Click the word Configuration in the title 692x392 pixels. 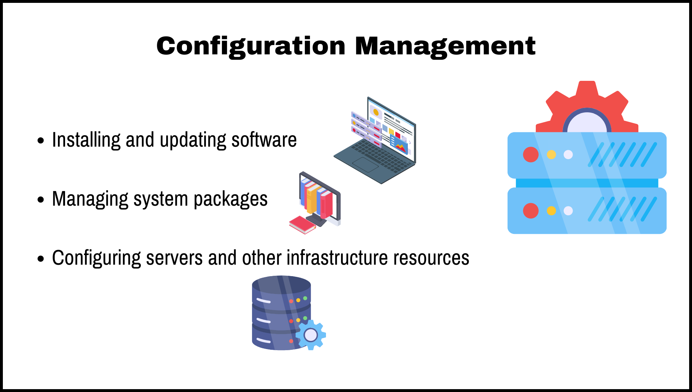(251, 46)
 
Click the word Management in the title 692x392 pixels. (445, 46)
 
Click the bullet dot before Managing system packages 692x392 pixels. (41, 200)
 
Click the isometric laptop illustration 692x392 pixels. (379, 143)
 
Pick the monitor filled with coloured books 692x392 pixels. (320, 199)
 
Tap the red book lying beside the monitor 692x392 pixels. (302, 225)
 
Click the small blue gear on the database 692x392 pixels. (311, 335)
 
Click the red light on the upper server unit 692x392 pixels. (530, 155)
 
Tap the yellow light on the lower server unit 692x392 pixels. (551, 211)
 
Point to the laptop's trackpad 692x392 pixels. (365, 165)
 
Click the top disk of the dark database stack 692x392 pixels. (281, 286)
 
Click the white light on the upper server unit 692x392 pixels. (568, 155)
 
